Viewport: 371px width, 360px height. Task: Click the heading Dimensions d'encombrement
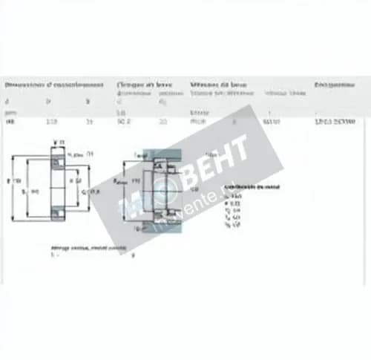(x=42, y=85)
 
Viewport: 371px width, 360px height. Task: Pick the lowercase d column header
(x=7, y=101)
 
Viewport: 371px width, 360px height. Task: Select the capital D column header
(x=49, y=101)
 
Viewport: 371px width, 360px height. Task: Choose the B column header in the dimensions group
(x=88, y=101)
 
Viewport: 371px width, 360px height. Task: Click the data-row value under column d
(x=9, y=121)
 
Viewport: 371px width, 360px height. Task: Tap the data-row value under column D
(x=50, y=121)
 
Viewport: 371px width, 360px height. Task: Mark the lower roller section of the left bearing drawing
(x=56, y=215)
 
